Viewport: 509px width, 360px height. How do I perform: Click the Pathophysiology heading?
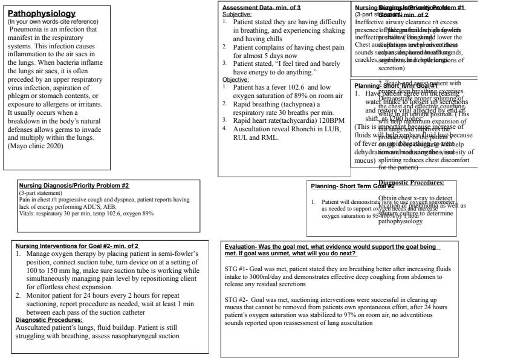coord(41,13)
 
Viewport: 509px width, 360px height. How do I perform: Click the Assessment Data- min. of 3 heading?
coord(261,7)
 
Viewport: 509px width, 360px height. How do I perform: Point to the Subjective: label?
coord(236,13)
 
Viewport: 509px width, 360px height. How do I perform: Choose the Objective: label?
coord(235,79)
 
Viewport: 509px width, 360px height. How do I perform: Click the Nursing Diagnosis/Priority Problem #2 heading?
coord(74,186)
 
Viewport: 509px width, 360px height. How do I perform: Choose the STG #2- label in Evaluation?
coord(235,299)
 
